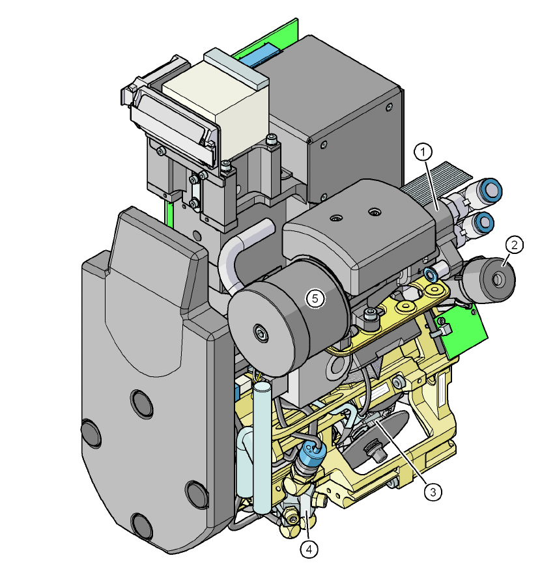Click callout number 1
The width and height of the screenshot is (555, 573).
coord(423,152)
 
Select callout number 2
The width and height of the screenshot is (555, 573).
coord(514,245)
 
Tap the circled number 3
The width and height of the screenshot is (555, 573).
coord(433,492)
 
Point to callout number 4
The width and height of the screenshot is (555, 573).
coord(309,549)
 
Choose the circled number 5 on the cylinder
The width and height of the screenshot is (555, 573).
coord(315,299)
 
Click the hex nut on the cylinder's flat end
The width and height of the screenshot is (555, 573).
coord(261,333)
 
